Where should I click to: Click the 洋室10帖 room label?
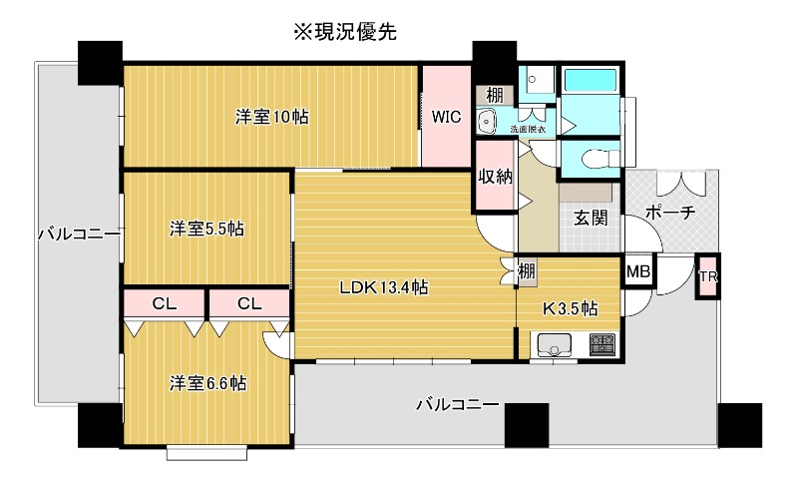pyautogui.click(x=271, y=117)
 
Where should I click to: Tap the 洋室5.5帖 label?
pyautogui.click(x=206, y=229)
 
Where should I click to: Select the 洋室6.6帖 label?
pyautogui.click(x=208, y=382)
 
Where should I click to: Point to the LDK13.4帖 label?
pyautogui.click(x=384, y=287)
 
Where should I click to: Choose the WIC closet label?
pyautogui.click(x=446, y=116)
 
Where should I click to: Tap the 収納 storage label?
pyautogui.click(x=495, y=177)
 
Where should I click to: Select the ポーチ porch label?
pyautogui.click(x=670, y=213)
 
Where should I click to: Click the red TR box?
pyautogui.click(x=707, y=276)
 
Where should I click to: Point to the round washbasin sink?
pyautogui.click(x=488, y=122)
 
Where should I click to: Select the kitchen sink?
pyautogui.click(x=555, y=345)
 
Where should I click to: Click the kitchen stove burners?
pyautogui.click(x=601, y=344)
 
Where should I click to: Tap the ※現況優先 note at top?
pyautogui.click(x=344, y=32)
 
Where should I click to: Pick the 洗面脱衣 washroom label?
pyautogui.click(x=528, y=129)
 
